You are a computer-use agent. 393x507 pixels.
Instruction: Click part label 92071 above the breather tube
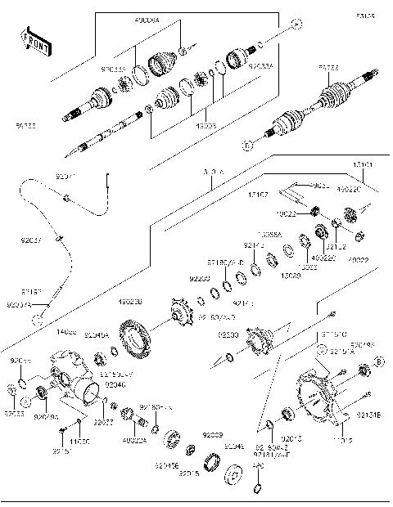coord(65,176)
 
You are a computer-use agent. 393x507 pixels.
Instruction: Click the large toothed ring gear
coord(137,339)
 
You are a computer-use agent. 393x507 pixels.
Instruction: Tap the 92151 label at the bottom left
coord(59,451)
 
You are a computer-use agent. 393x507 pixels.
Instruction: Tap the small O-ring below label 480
coord(256,489)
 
